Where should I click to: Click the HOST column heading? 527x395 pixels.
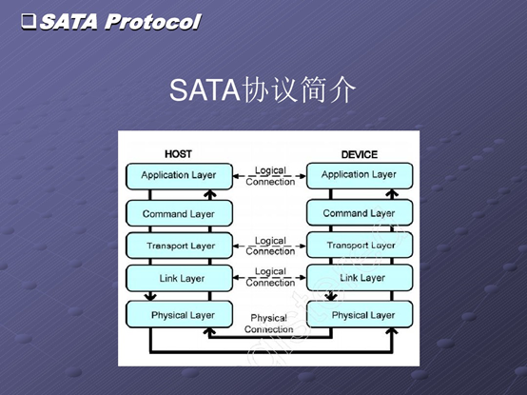(178, 154)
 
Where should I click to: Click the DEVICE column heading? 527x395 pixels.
(360, 154)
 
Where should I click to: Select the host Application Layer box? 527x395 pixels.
(179, 176)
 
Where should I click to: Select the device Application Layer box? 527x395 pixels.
(360, 175)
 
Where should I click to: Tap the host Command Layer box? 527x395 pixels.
(179, 213)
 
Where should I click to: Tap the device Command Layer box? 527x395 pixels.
(360, 212)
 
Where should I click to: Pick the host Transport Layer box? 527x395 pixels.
(179, 246)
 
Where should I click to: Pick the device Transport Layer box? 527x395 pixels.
(360, 245)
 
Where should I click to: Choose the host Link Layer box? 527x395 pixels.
(179, 278)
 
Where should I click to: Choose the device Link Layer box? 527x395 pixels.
(360, 277)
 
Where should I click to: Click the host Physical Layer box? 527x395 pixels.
(179, 314)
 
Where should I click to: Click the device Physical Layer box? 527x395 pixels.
(360, 314)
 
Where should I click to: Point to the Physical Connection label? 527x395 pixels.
(269, 324)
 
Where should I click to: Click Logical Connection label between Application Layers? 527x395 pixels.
(270, 176)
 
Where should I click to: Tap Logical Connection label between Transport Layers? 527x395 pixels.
(270, 246)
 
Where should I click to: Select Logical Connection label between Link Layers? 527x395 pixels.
(270, 277)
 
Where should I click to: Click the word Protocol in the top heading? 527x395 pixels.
(152, 22)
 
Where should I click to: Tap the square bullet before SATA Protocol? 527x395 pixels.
(29, 21)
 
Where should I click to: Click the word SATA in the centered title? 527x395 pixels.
(205, 89)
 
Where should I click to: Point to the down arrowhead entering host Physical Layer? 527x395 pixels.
(150, 297)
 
